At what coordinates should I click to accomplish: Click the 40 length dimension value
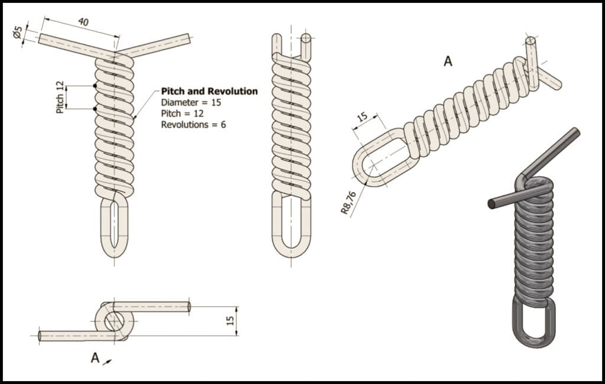coord(84,22)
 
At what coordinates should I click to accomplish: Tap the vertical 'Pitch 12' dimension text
coord(60,97)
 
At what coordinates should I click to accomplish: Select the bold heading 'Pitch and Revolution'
coord(209,91)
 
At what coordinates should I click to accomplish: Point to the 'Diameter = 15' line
coord(187,102)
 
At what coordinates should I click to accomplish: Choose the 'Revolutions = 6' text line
coord(193,125)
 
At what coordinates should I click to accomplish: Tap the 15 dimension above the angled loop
coord(362,116)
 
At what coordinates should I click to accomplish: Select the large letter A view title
coord(448,61)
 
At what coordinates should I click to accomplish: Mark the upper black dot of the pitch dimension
coord(95,86)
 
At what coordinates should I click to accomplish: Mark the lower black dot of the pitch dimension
coord(95,109)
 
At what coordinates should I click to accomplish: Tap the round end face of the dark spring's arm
coord(491,204)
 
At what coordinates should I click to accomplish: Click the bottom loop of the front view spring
coord(113,227)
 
